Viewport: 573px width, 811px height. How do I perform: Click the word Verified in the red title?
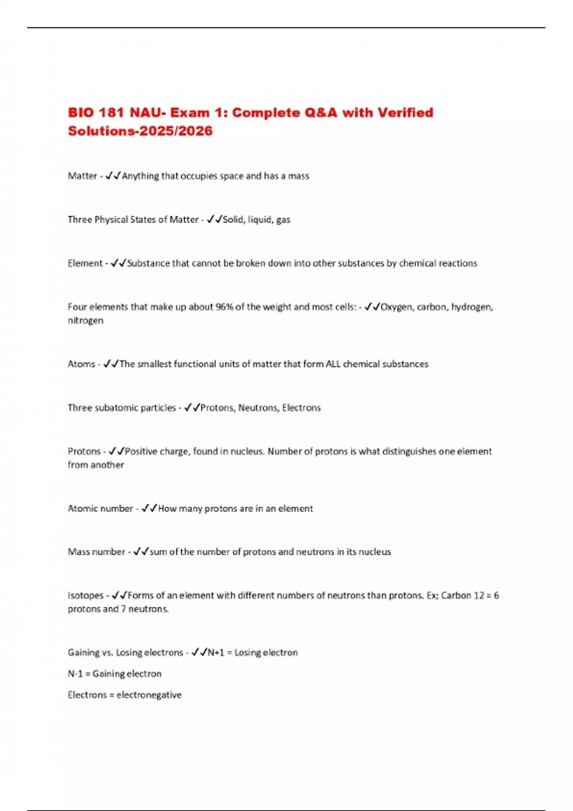(405, 113)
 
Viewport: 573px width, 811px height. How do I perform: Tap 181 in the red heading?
(111, 113)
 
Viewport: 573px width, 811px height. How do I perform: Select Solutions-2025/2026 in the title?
(140, 131)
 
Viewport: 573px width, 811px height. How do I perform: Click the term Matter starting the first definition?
(82, 176)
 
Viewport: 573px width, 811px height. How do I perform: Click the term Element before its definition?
(85, 263)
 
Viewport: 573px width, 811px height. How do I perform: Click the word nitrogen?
(85, 321)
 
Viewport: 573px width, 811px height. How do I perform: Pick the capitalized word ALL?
(333, 364)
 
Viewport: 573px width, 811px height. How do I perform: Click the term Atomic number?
(100, 509)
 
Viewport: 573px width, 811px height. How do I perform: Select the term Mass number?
(96, 552)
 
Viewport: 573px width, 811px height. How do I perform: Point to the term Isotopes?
(85, 595)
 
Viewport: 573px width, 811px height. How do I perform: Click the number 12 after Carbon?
(478, 595)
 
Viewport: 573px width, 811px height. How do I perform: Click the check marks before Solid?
(214, 219)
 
